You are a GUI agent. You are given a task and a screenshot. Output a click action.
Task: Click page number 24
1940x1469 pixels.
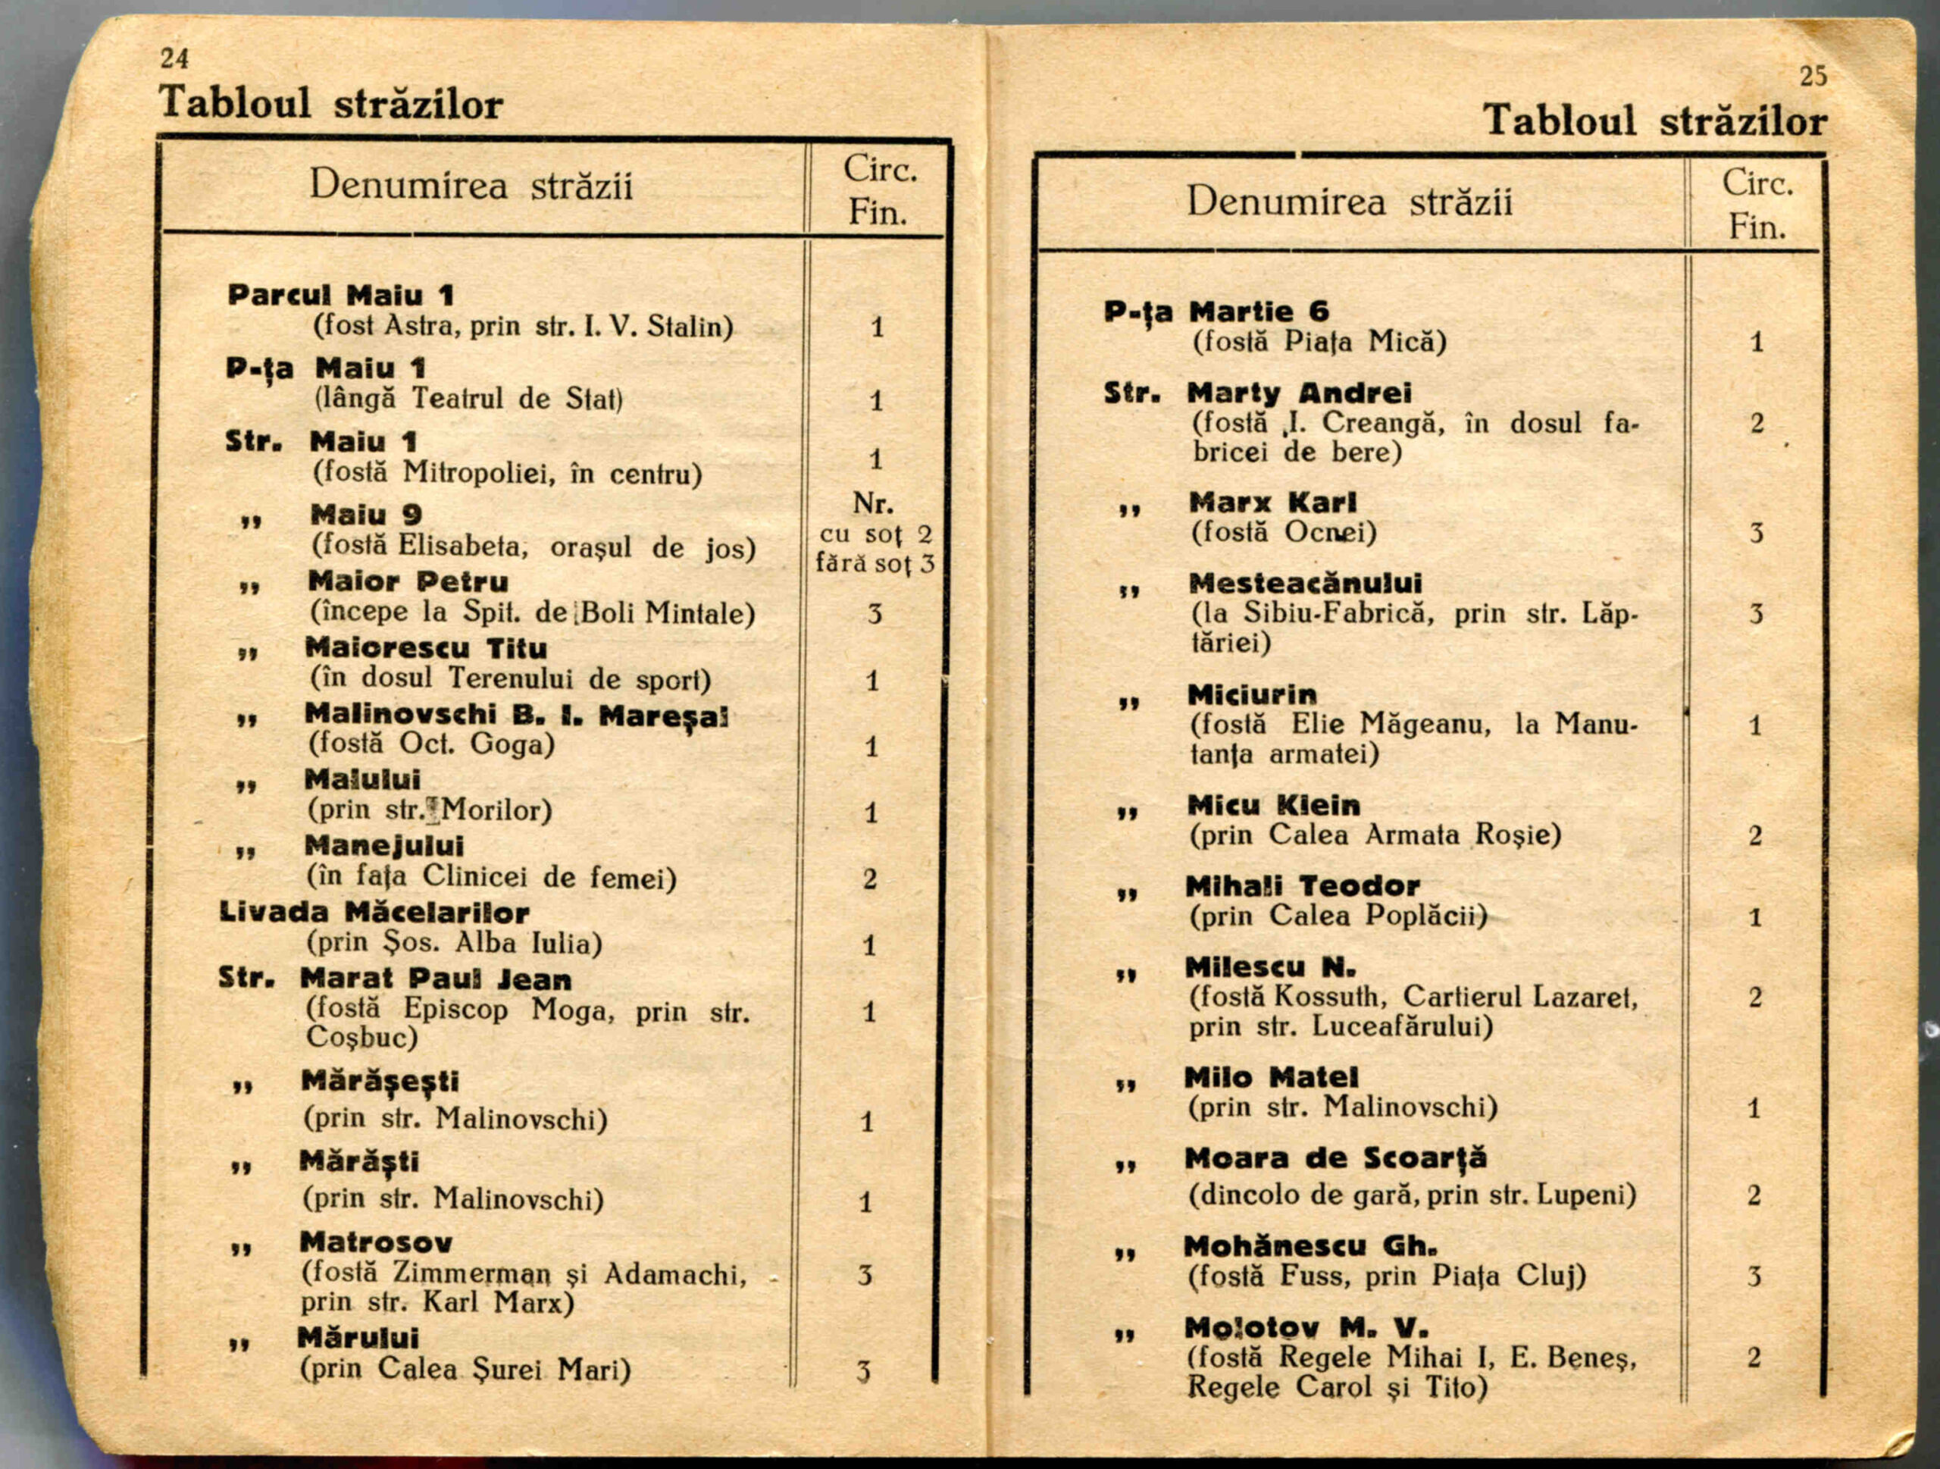pos(174,59)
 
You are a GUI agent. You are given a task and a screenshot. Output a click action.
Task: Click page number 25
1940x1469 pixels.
pos(1813,77)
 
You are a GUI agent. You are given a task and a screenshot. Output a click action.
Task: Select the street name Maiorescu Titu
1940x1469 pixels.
pos(426,648)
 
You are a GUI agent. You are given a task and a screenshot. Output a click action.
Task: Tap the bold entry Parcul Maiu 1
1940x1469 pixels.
pos(340,295)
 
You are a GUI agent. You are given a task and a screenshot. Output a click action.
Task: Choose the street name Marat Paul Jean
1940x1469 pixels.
pos(436,979)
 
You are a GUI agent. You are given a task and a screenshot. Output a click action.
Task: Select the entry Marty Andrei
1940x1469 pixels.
pos(1299,393)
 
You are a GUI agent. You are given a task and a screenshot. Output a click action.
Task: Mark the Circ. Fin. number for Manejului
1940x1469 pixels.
pos(869,879)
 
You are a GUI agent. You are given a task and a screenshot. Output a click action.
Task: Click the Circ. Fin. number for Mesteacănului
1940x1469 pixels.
pos(1756,614)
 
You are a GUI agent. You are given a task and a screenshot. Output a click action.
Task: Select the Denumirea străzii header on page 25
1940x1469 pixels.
pos(1349,202)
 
